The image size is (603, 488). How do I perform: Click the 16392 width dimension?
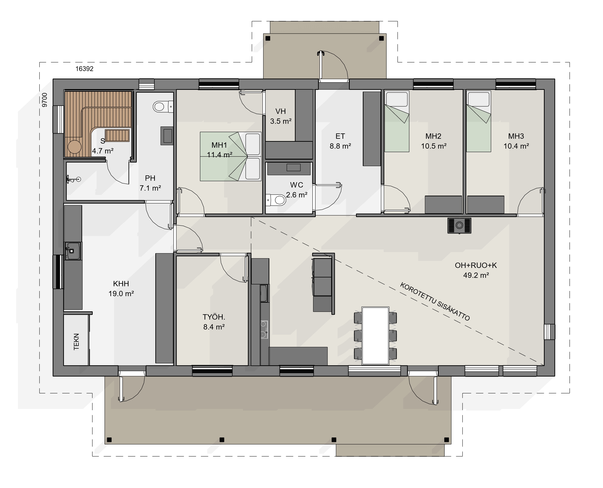84,69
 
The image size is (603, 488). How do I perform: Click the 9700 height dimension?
45,100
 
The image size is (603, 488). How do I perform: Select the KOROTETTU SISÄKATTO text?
435,302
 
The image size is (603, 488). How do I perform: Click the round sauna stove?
74,147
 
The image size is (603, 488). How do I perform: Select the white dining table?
375,336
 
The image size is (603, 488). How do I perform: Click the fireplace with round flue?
459,226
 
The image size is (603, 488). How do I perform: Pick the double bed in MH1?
231,156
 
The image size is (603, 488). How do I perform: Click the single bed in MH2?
397,121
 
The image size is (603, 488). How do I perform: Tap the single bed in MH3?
479,121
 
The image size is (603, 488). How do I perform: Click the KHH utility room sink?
72,250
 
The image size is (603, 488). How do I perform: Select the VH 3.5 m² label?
281,116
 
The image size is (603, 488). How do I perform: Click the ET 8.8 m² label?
340,141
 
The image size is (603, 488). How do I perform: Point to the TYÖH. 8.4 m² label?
214,322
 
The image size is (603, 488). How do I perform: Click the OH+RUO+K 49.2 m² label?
476,270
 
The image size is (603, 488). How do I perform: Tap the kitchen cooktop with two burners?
264,329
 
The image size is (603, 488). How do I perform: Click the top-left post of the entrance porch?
268,38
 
